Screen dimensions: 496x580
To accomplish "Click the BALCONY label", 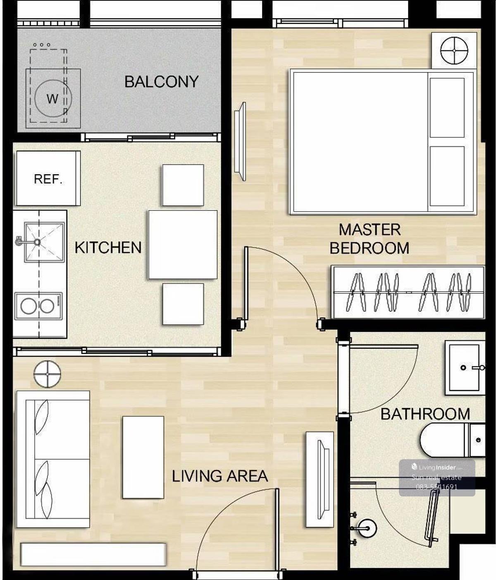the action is pyautogui.click(x=161, y=81).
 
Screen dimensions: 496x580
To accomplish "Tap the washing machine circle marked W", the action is pyautogui.click(x=53, y=98).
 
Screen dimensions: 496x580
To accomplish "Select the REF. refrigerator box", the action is pyautogui.click(x=48, y=178).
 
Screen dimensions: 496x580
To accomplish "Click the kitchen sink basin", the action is pyautogui.click(x=44, y=242).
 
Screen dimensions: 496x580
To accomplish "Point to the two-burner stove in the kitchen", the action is pyautogui.click(x=39, y=306).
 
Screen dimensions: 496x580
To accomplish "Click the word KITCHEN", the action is pyautogui.click(x=108, y=247).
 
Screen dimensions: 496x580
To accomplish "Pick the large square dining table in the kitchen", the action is pyautogui.click(x=183, y=244).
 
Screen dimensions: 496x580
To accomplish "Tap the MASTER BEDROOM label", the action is pyautogui.click(x=369, y=239).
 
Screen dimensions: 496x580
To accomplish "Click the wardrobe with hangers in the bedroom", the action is pyautogui.click(x=408, y=292).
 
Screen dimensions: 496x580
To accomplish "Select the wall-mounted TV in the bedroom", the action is pyautogui.click(x=240, y=141).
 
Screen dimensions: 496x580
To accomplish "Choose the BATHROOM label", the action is pyautogui.click(x=425, y=414).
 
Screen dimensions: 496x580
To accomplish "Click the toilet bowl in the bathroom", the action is pyautogui.click(x=452, y=440).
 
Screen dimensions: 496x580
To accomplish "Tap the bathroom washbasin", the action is pyautogui.click(x=465, y=368).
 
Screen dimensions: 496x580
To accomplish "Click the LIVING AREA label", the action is pyautogui.click(x=220, y=476).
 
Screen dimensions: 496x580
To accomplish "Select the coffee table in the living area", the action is pyautogui.click(x=143, y=458).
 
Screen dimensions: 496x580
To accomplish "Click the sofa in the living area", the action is pyautogui.click(x=53, y=459).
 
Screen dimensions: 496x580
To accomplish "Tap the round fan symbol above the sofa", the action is pyautogui.click(x=47, y=374).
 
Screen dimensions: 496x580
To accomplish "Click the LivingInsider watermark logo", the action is pyautogui.click(x=437, y=467).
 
